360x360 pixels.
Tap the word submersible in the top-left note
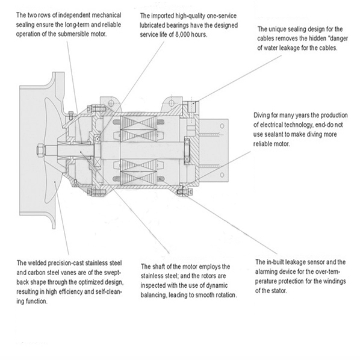pos(73,34)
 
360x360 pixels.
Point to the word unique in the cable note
pos(278,29)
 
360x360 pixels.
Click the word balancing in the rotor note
pos(154,295)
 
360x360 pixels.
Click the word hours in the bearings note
pos(199,35)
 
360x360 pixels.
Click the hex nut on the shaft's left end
pos(40,150)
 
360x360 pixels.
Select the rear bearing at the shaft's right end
pos(187,151)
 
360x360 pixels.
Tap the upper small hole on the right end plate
pos(222,126)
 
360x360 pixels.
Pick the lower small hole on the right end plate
pos(222,175)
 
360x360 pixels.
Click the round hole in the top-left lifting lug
pos(111,102)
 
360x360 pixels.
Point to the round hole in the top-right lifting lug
pos(170,103)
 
